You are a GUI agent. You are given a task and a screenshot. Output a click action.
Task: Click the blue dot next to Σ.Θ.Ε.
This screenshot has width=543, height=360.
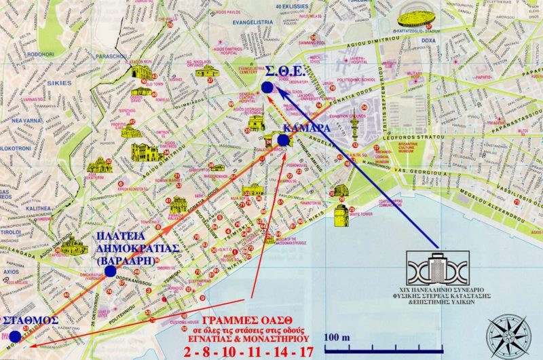267,88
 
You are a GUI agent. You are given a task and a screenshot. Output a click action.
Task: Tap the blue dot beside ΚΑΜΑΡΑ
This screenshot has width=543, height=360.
283,140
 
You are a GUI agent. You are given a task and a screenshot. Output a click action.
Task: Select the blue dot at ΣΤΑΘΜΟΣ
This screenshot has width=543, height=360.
15,336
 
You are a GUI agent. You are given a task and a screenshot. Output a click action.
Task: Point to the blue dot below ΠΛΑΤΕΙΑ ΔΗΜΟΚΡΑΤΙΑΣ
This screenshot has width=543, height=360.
110,271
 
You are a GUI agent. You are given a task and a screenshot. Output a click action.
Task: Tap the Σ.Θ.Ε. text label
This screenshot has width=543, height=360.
294,72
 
